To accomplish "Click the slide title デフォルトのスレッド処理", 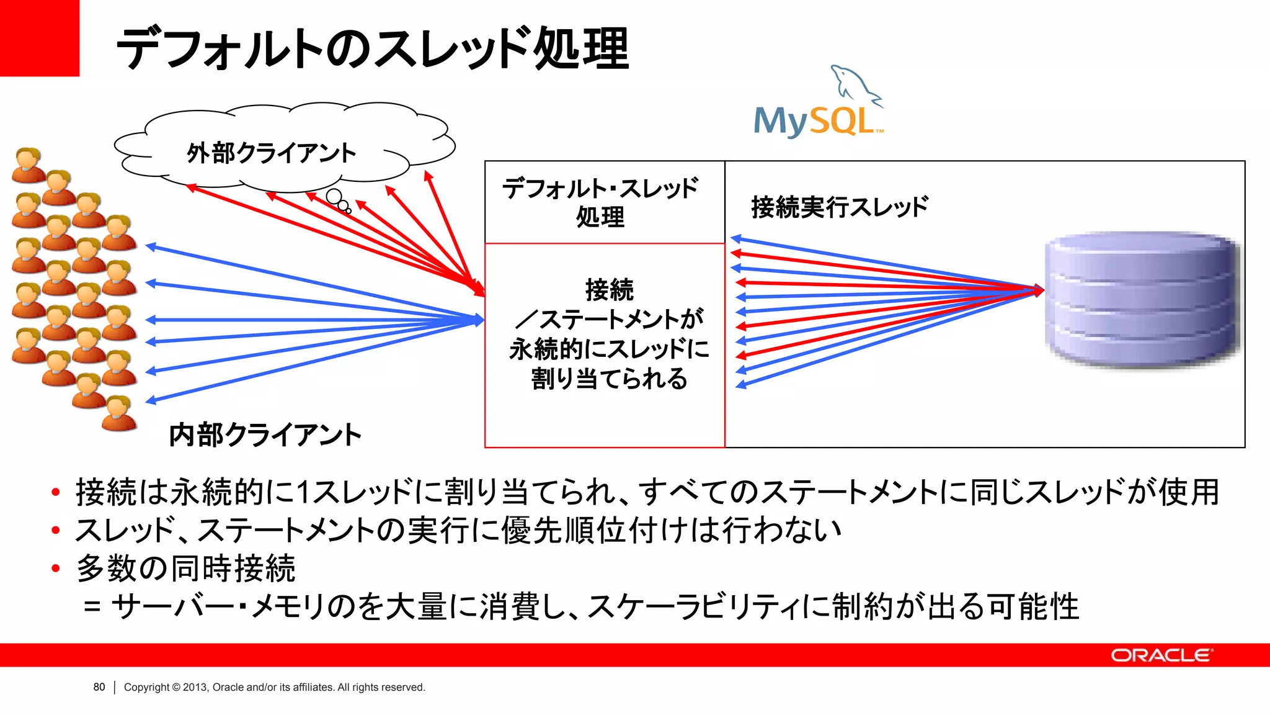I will (x=372, y=48).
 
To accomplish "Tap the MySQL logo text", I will (x=814, y=121).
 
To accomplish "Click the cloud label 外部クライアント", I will (x=272, y=153).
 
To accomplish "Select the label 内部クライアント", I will (x=265, y=434).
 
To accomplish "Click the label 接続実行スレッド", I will (x=840, y=207).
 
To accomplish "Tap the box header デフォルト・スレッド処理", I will (x=600, y=202).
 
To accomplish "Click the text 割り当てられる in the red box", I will (x=609, y=379).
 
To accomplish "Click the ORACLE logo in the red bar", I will (x=1161, y=655).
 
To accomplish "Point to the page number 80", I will (x=99, y=687).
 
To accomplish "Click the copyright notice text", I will (x=274, y=687).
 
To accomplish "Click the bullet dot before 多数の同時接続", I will (x=56, y=569).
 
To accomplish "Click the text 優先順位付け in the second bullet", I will (x=580, y=530).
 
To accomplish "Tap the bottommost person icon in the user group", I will (x=118, y=413).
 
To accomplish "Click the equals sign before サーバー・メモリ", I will (x=92, y=607).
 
